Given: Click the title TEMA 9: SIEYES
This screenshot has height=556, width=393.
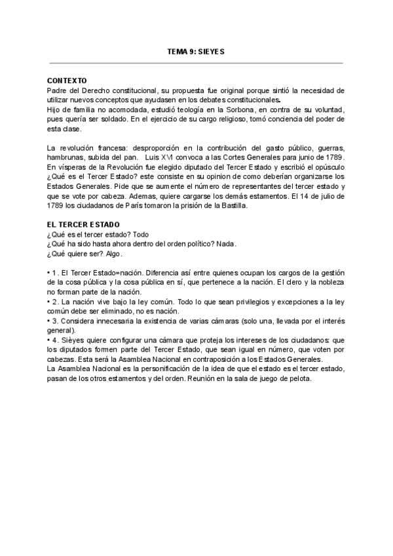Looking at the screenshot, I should pos(196,52).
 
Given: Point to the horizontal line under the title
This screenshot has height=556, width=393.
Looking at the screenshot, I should pos(196,63).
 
